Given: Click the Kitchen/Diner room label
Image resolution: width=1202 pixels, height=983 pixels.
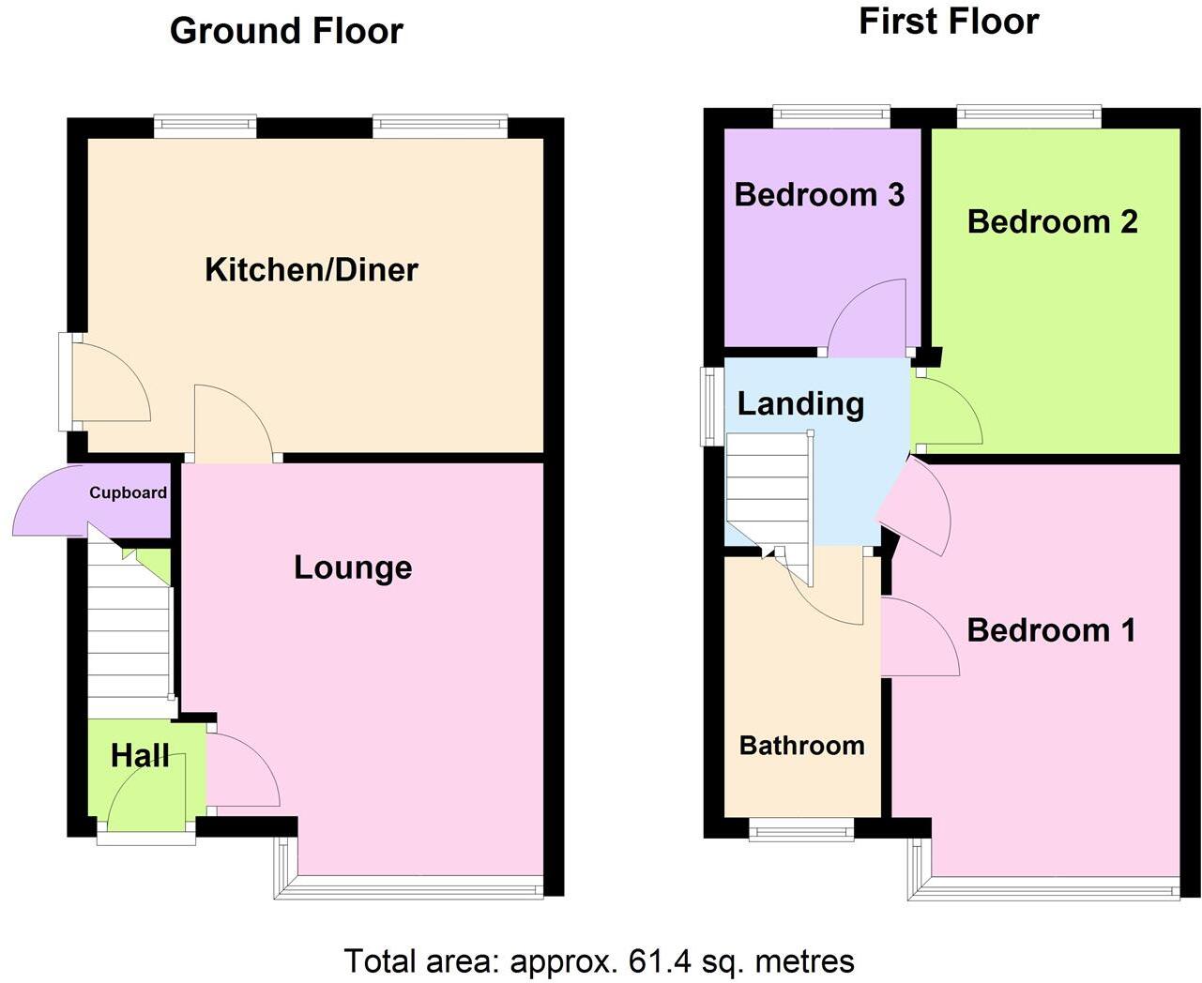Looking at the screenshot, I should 311,270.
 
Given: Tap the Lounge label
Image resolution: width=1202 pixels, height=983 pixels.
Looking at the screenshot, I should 353,567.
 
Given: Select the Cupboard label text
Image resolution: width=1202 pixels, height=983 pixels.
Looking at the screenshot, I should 128,492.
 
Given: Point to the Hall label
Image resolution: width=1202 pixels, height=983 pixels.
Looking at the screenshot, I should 140,755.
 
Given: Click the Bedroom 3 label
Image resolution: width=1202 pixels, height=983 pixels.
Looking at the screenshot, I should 819,194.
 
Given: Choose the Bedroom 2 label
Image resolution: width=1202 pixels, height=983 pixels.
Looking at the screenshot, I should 1052,221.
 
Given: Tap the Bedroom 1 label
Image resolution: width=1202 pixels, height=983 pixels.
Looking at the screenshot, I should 1051,629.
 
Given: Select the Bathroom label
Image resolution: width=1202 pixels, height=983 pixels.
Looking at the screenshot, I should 801,746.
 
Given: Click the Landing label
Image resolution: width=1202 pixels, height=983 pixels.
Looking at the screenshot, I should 800,403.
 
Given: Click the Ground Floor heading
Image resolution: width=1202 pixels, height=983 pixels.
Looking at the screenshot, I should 286,31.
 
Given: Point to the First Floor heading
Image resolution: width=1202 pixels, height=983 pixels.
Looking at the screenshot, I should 949,22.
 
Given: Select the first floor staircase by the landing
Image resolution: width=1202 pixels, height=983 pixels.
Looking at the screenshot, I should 768,492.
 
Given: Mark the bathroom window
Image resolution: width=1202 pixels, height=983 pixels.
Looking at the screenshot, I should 800,829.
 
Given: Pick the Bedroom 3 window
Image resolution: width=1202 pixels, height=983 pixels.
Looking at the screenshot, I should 831,115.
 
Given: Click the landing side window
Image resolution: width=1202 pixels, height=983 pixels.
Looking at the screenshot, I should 713,405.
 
